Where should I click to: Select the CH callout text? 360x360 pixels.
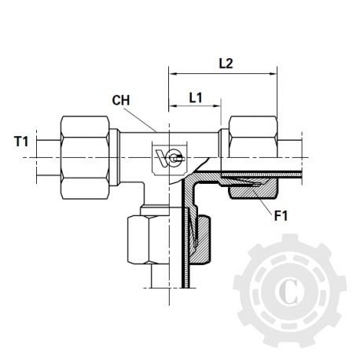pyautogui.click(x=119, y=101)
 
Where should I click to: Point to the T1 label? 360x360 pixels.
pyautogui.click(x=22, y=141)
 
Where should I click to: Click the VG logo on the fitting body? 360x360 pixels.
pyautogui.click(x=167, y=156)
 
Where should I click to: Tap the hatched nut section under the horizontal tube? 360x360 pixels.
pyautogui.click(x=253, y=189)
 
